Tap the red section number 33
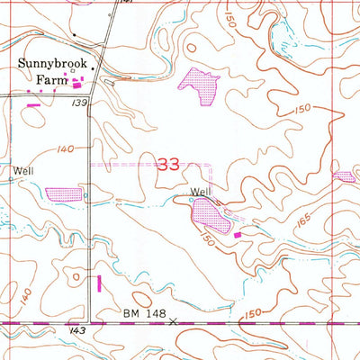click(x=167, y=165)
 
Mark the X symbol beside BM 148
click(x=173, y=319)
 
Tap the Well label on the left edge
click(x=22, y=169)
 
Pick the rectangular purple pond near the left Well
click(x=62, y=193)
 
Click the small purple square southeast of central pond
click(x=238, y=235)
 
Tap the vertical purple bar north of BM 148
click(x=99, y=283)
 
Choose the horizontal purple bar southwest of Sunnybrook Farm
click(x=33, y=106)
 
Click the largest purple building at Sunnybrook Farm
click(x=76, y=85)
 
